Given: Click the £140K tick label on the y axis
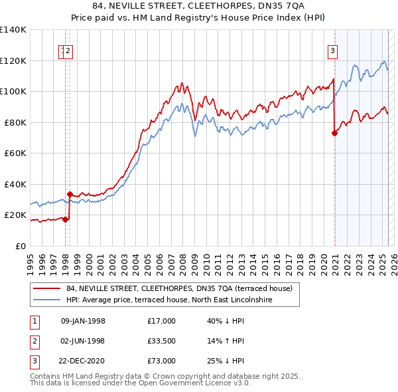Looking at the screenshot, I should (13, 30).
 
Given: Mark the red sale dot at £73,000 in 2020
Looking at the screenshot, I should (334, 133).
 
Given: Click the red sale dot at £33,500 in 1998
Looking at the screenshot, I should (70, 194).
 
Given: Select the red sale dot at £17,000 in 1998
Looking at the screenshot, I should (66, 220).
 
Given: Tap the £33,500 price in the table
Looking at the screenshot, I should (161, 341).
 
